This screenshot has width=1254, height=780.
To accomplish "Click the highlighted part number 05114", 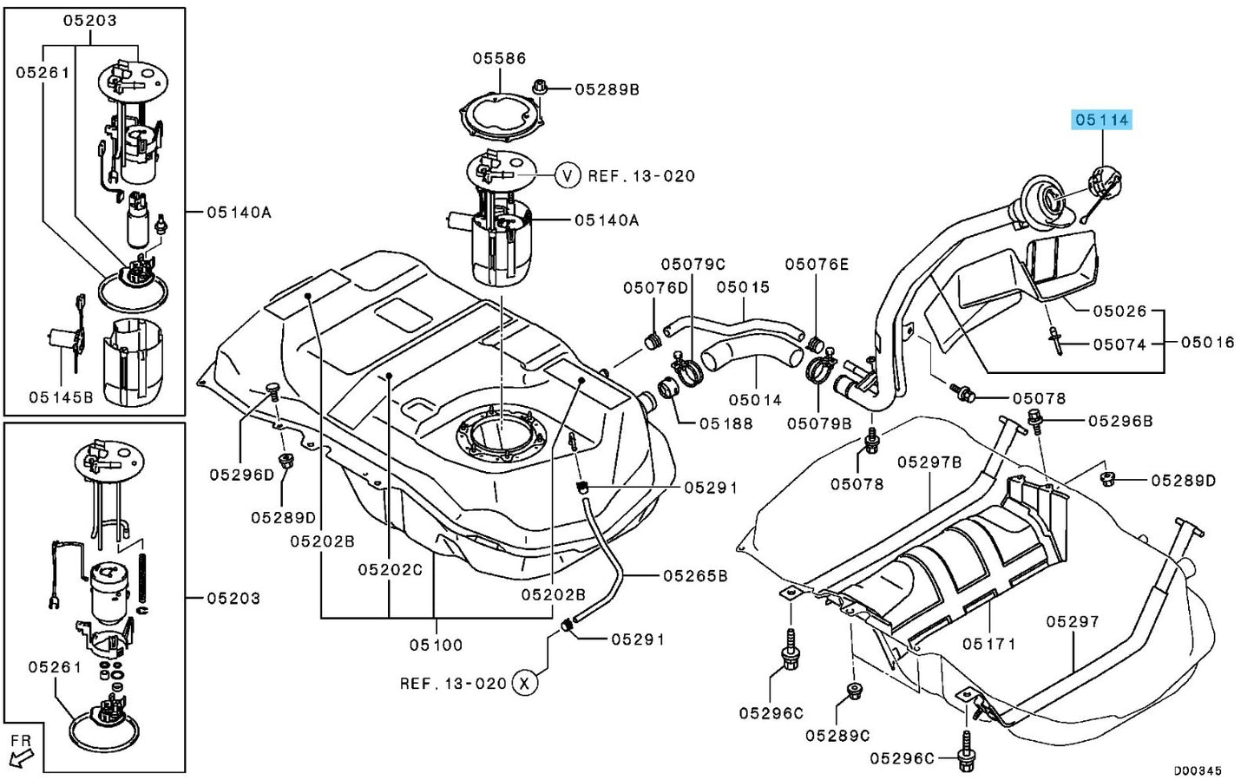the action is (x=1102, y=120).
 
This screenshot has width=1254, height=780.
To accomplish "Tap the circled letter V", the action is (x=568, y=176).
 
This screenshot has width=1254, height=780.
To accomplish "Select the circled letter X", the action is (x=524, y=683).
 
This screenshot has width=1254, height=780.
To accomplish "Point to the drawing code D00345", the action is (x=1198, y=771).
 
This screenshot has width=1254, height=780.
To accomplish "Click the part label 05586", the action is (x=499, y=58).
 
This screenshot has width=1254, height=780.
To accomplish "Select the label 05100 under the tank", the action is (x=437, y=646).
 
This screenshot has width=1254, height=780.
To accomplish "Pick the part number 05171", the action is (x=988, y=644).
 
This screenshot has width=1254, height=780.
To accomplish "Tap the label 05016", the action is (x=1207, y=342).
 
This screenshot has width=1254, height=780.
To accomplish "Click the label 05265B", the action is (x=695, y=576).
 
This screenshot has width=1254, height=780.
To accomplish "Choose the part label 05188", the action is (x=726, y=423).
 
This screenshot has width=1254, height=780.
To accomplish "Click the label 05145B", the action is (x=61, y=397).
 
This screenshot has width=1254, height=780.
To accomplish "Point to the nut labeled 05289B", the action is (x=540, y=88).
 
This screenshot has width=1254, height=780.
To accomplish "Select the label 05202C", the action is (x=391, y=570).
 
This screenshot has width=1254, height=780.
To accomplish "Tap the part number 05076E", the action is (x=817, y=264).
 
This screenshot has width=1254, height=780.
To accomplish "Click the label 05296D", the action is (x=242, y=475).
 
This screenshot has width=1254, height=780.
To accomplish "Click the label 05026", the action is (x=1119, y=311).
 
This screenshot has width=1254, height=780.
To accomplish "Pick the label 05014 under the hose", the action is (x=755, y=400).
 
